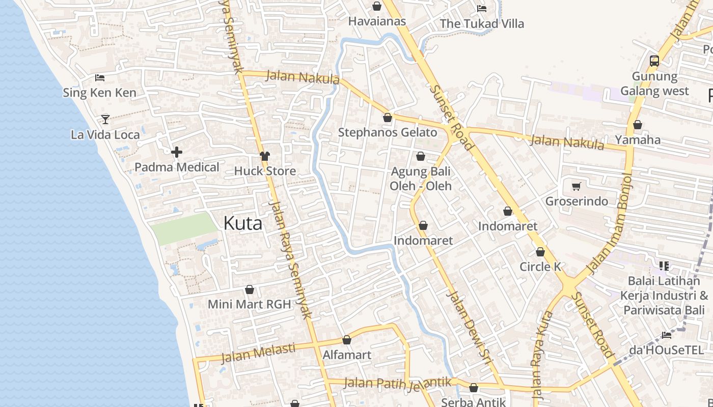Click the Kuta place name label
(243, 223)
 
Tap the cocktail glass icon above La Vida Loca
(105, 119)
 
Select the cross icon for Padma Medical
(177, 152)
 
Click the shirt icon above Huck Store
(265, 156)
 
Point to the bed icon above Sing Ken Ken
(100, 78)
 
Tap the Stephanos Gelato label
(388, 133)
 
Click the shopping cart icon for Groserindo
(577, 186)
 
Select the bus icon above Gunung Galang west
(654, 61)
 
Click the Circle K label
(540, 267)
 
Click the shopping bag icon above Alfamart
(347, 340)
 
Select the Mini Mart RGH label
(249, 304)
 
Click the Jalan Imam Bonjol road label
(610, 222)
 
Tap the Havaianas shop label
(377, 21)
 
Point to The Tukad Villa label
(481, 23)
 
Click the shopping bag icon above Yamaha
(637, 125)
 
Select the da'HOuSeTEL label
(666, 350)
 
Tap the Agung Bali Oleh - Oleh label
(421, 179)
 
